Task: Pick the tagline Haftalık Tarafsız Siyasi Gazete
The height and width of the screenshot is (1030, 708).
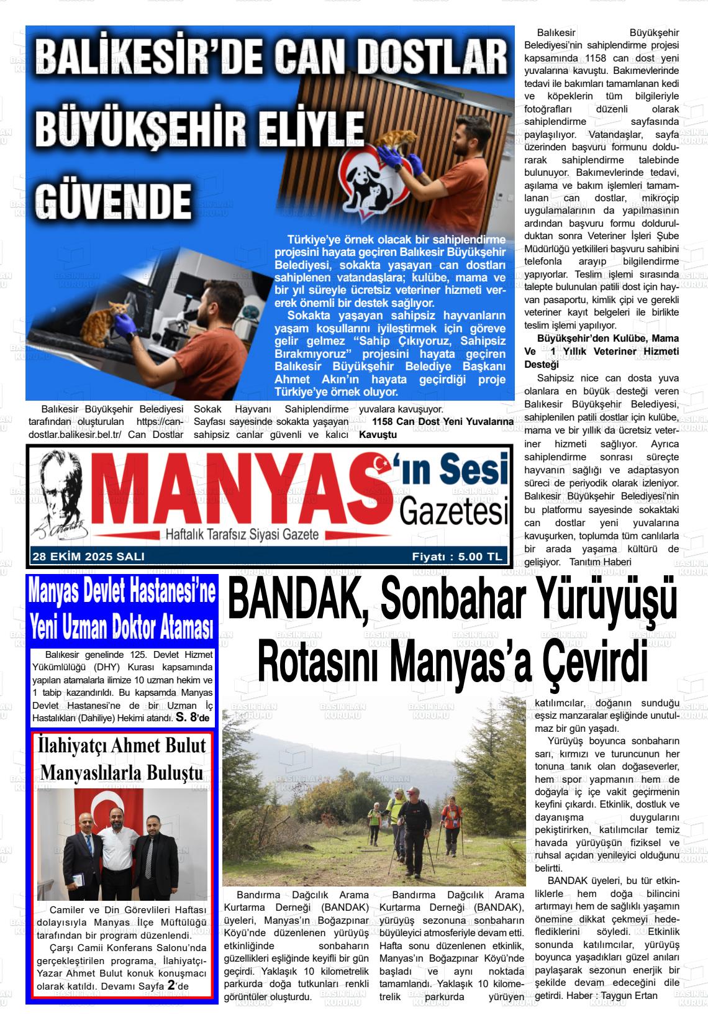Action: [x=241, y=534]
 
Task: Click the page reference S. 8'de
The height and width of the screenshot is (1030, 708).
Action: [x=194, y=718]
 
